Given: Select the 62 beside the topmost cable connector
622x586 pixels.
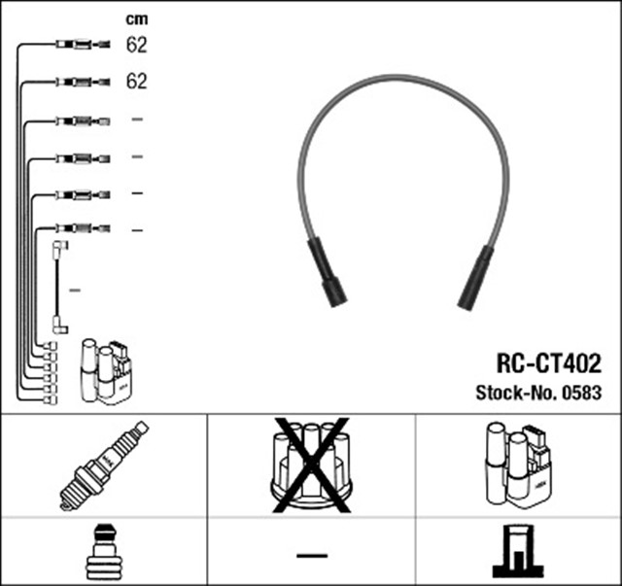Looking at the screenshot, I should (136, 44).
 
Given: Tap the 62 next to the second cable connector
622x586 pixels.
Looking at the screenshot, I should (136, 82).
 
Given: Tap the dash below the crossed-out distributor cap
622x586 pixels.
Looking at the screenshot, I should (311, 555).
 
